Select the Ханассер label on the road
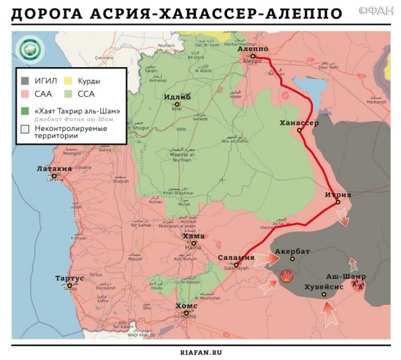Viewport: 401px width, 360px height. click(299, 124)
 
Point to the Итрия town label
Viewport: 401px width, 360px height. click(338, 195)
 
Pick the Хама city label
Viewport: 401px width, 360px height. click(193, 236)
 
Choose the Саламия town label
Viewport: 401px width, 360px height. click(236, 257)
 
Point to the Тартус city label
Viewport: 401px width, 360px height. click(70, 278)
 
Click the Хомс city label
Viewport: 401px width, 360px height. click(186, 306)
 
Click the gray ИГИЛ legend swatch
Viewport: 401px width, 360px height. click(25, 80)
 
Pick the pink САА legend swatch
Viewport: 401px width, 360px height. click(25, 94)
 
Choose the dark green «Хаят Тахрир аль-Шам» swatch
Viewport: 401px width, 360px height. click(25, 110)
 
